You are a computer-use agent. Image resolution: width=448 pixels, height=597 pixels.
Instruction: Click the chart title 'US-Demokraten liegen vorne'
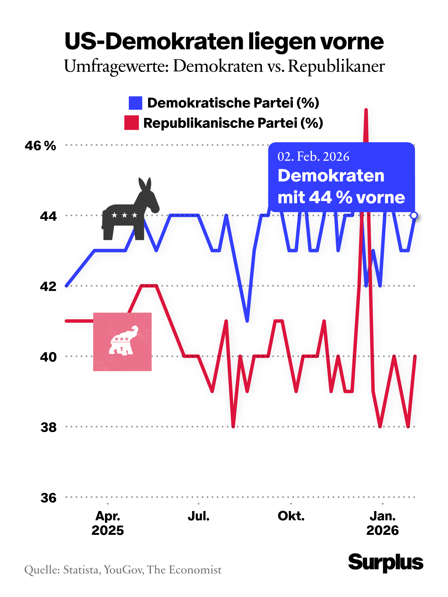[224, 41]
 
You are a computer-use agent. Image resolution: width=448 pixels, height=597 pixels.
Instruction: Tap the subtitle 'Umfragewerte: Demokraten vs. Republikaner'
[224, 67]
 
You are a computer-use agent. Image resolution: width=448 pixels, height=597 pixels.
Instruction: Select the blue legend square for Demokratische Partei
[135, 103]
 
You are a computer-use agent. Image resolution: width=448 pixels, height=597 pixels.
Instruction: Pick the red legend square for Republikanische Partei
[131, 123]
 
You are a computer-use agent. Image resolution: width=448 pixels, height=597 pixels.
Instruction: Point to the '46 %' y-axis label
[40, 146]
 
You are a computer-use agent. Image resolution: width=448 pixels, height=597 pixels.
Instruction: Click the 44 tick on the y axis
[48, 216]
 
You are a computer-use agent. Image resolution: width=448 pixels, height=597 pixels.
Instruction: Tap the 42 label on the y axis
[48, 286]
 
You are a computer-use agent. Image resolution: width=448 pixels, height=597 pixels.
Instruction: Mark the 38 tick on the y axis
[48, 427]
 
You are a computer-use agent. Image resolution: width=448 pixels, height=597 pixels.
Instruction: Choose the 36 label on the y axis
[48, 498]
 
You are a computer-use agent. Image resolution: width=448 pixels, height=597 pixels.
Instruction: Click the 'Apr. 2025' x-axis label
[108, 523]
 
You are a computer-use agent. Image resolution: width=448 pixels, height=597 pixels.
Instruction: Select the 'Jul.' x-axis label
[199, 516]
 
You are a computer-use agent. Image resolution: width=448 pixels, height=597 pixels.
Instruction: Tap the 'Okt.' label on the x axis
[291, 516]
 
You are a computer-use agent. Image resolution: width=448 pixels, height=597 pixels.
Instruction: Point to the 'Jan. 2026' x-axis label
[382, 523]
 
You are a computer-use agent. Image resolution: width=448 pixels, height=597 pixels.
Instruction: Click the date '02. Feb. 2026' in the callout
[313, 157]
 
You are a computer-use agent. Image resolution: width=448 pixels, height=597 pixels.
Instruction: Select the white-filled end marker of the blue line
[414, 215]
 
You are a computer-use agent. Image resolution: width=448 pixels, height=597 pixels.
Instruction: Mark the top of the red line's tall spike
[366, 110]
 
